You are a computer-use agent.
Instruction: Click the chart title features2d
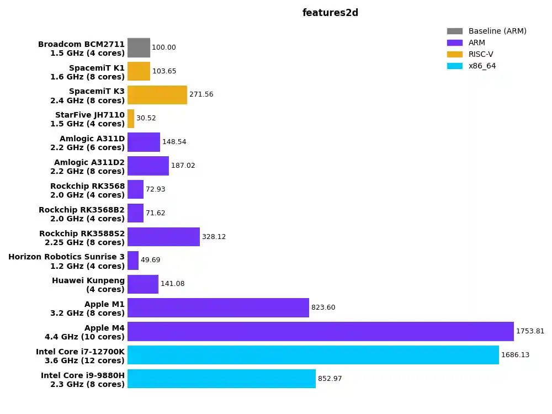tap(330, 13)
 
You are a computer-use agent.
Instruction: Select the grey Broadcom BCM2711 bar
tap(139, 47)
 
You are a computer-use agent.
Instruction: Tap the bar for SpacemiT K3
tap(157, 95)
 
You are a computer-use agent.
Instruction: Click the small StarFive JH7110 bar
tap(131, 119)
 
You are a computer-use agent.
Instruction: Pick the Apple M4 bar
tap(320, 331)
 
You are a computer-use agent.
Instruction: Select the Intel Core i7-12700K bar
tap(313, 355)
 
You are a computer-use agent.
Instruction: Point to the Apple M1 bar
tap(218, 307)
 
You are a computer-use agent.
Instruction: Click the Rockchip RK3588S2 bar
tap(163, 237)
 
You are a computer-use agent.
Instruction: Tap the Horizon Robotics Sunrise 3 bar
tap(133, 261)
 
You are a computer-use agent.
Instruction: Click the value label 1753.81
tap(530, 331)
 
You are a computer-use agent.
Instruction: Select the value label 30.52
tap(146, 118)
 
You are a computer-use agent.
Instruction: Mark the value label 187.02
tap(183, 166)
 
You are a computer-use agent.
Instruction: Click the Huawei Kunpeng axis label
tap(88, 285)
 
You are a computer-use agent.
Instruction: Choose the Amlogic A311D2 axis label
tap(89, 167)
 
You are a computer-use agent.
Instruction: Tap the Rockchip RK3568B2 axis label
tap(82, 214)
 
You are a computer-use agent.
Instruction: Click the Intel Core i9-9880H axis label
tap(83, 380)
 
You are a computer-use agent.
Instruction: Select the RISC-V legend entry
tap(480, 54)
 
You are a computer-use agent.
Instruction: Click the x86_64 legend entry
tap(482, 66)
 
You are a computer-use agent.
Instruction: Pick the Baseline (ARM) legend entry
tap(497, 31)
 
